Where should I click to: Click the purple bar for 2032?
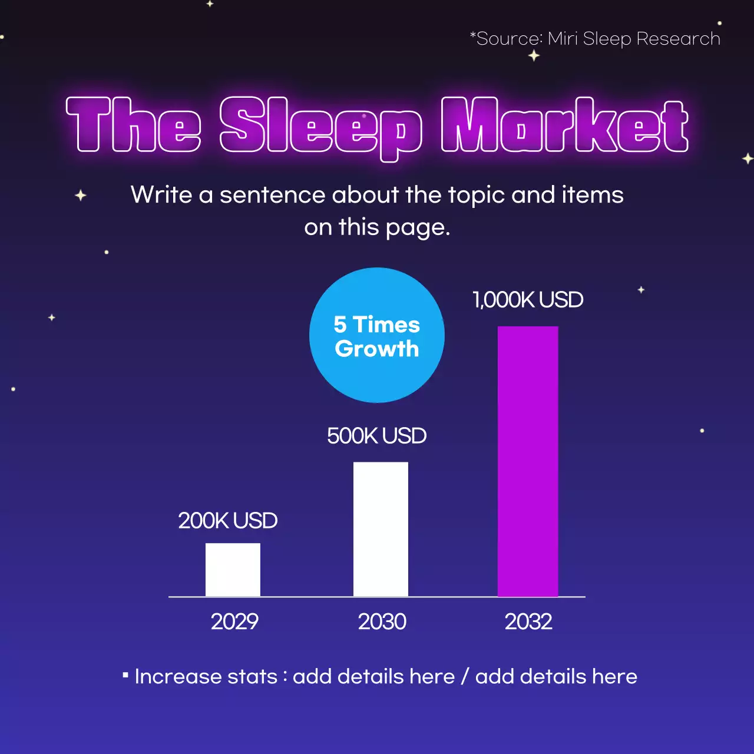point(528,461)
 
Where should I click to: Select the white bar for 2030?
point(381,529)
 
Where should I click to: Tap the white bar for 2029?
point(233,570)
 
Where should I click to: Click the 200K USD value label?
point(227,521)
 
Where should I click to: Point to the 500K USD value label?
point(376,436)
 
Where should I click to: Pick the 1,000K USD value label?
point(528,300)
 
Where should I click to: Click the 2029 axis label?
point(234,621)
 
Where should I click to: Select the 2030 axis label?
point(382,621)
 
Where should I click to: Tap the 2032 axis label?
point(528,621)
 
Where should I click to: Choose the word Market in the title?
point(565,125)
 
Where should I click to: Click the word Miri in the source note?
point(563,39)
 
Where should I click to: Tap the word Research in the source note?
point(678,39)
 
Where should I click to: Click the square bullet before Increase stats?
point(125,674)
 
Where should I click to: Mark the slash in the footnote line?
point(465,676)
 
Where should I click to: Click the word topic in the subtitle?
point(476,195)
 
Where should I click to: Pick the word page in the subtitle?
point(415,227)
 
